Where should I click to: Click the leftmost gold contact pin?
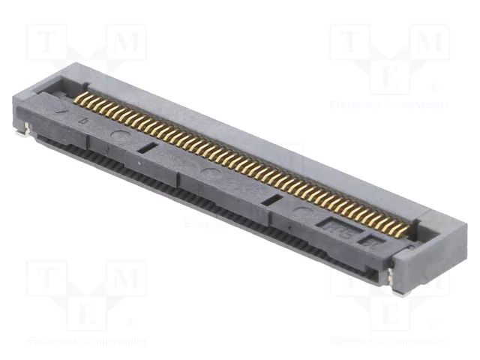[x=78, y=97]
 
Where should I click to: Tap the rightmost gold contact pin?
[x=406, y=229]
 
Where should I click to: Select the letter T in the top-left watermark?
[x=46, y=42]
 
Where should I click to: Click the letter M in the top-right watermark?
[x=428, y=43]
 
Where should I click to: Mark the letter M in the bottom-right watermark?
[x=428, y=279]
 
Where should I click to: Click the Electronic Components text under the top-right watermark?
[x=389, y=105]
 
